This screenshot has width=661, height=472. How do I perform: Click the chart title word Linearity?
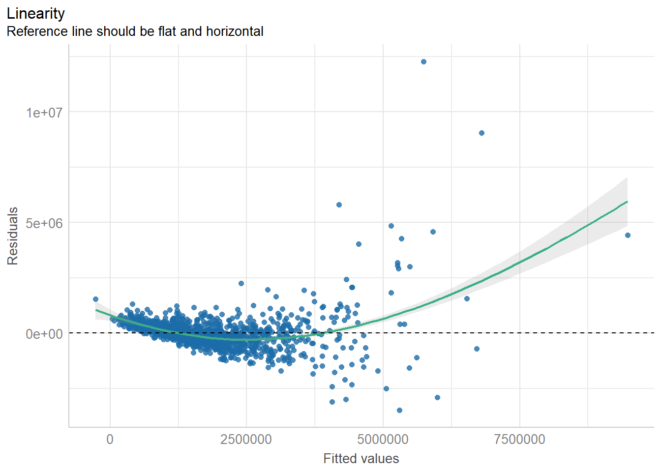point(36,13)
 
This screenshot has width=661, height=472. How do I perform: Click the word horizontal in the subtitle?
point(235,31)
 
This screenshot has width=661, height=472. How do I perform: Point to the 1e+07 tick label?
point(44,113)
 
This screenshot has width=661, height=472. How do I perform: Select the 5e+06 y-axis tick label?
point(44,223)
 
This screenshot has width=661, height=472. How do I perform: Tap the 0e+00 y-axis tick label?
point(44,334)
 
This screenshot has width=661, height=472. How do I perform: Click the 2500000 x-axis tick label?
point(246,439)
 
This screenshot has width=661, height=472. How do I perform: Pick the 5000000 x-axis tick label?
point(383,439)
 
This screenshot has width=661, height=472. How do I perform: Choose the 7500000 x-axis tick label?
point(519,439)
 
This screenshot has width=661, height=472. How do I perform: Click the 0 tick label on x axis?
point(110,439)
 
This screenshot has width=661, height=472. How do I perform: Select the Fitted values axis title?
point(361,459)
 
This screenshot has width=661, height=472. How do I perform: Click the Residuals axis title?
point(13,236)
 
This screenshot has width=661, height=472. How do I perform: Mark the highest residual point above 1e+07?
point(423,62)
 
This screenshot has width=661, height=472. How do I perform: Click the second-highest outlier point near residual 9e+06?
point(481,133)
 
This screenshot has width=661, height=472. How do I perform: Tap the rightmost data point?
point(628,236)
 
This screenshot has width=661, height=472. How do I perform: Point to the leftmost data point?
point(95,299)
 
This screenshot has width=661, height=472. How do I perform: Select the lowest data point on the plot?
point(399,410)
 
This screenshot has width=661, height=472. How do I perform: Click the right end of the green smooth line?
point(627,202)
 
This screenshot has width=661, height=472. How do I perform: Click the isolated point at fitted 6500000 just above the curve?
point(467,299)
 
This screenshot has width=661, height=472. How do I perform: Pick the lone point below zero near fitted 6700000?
point(477,349)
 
